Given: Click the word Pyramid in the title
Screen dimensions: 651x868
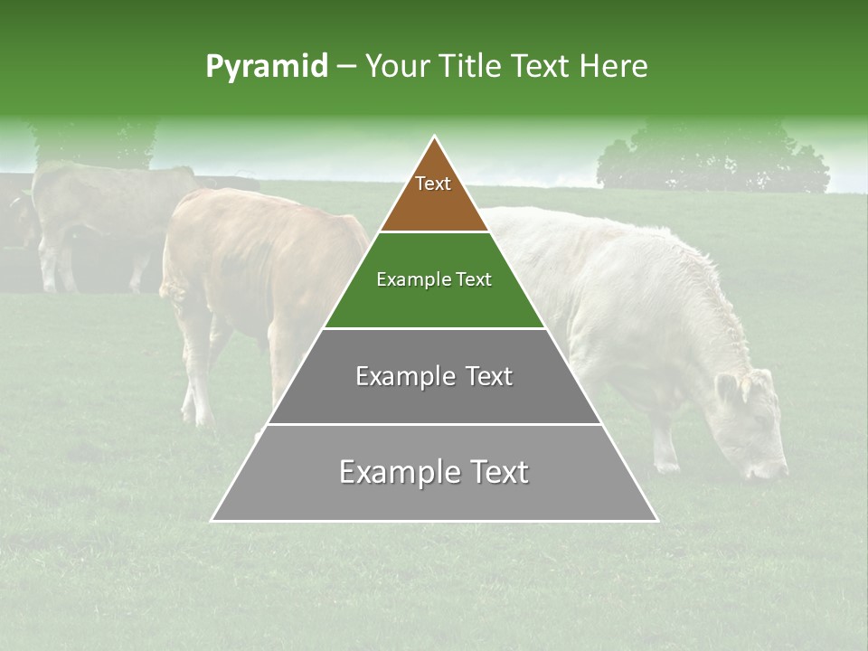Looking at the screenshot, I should (x=266, y=67).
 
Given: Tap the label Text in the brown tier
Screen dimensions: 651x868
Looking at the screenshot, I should (x=433, y=184).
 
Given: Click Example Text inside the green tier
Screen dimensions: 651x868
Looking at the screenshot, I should (x=434, y=279).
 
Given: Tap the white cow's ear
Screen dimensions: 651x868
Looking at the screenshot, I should (x=727, y=389).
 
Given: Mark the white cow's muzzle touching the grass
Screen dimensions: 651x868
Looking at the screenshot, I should (x=769, y=469).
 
